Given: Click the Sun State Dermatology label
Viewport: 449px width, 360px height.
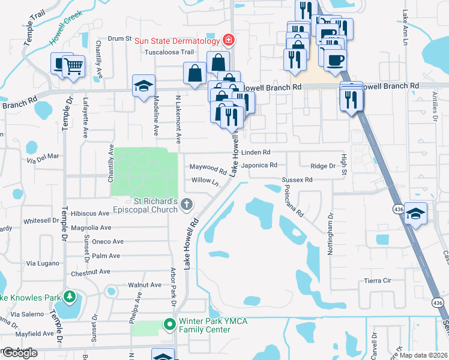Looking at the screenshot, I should coord(176,41).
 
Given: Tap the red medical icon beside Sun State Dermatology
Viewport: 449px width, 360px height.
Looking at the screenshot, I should coord(228,40).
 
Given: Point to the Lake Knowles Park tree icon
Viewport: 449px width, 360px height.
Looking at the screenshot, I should coord(70,297).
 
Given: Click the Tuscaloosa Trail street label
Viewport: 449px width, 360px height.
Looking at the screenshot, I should coord(166,52).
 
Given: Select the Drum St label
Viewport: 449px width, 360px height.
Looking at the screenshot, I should coord(119,38).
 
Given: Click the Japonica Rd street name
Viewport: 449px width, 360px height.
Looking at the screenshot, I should coord(259,165).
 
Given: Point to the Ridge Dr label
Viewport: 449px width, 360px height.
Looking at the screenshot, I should coord(323,166).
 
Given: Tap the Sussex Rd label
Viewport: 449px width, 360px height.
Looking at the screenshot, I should coord(298,179).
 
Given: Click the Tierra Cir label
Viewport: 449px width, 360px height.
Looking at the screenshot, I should coord(378,280).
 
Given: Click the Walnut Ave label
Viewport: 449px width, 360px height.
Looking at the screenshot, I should coord(145,285).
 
